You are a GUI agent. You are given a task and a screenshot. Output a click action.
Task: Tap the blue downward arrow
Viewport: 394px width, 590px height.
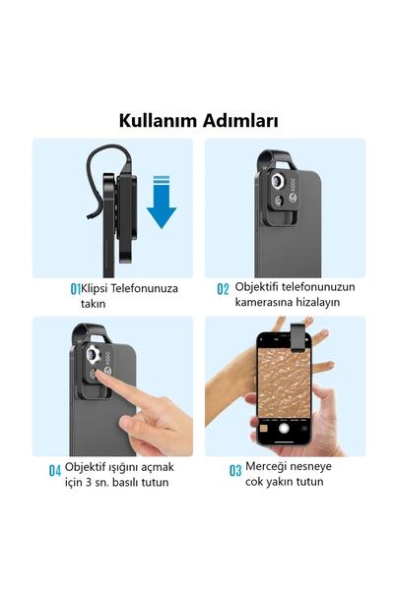coord(161,202)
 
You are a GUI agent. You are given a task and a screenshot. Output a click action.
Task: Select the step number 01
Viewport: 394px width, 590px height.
coord(75,289)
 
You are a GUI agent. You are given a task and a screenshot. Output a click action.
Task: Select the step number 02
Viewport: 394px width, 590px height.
coord(223,289)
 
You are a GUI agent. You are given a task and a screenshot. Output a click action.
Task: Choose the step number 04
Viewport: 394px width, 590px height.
coord(55,470)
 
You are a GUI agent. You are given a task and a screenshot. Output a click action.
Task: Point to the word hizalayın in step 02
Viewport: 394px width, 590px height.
coord(314,302)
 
